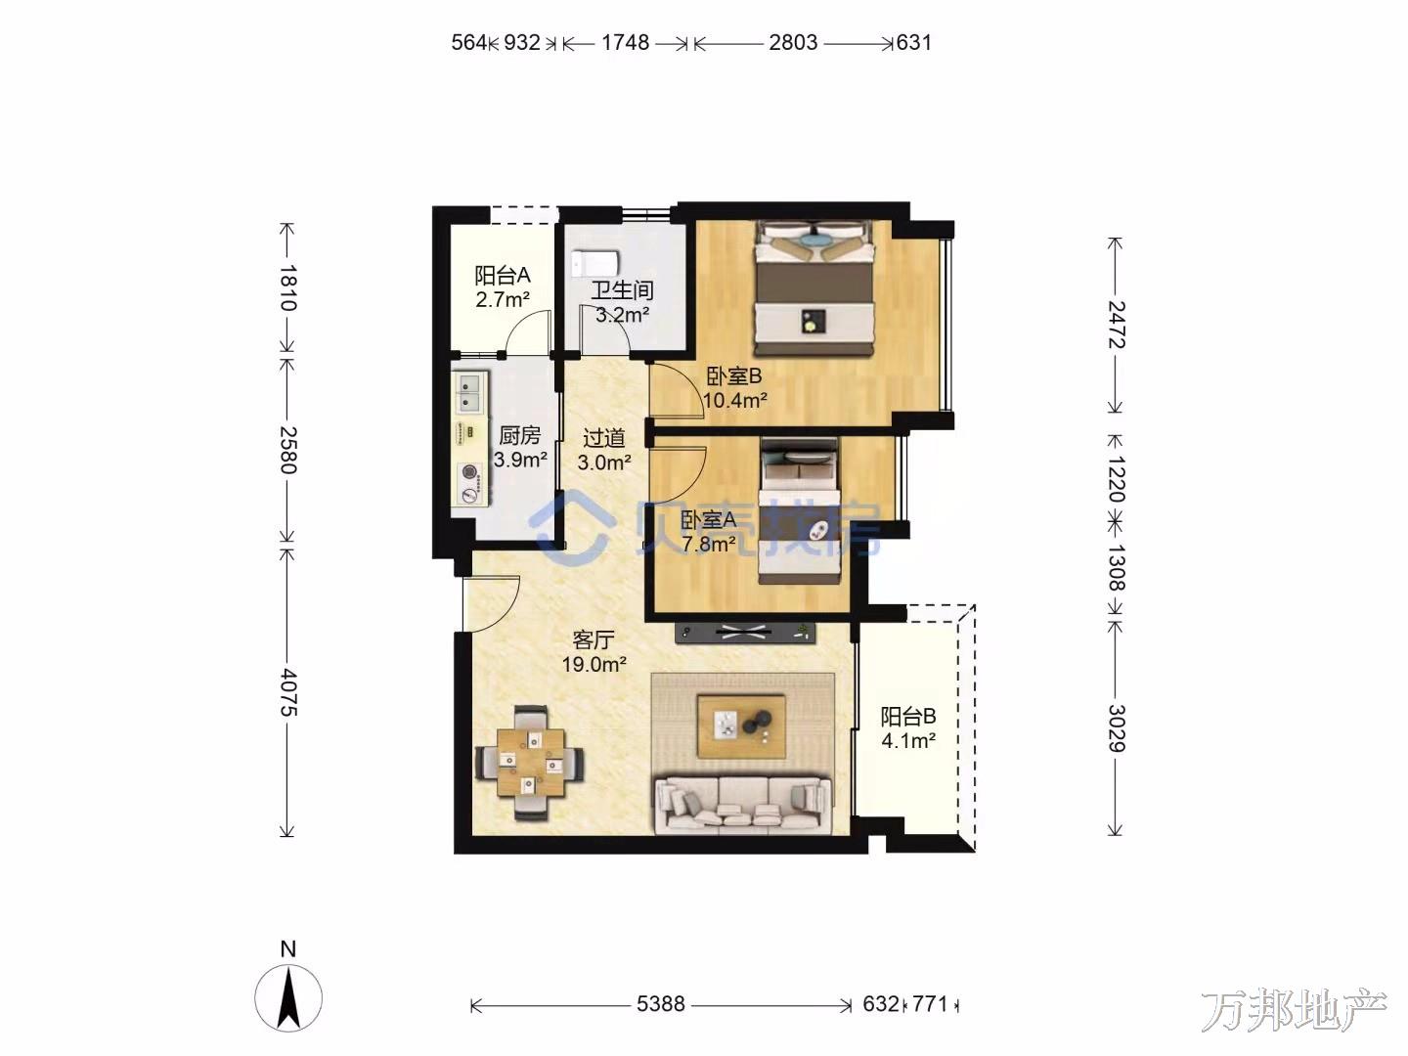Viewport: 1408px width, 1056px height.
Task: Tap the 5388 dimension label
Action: coord(661,1003)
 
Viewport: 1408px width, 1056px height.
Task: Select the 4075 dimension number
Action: coord(288,692)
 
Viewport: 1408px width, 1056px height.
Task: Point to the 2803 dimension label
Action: coord(794,42)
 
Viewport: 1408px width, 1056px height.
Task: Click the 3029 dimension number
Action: coord(1117,727)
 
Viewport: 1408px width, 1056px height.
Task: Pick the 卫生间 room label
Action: coord(622,290)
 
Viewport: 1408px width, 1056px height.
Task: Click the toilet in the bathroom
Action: coord(595,262)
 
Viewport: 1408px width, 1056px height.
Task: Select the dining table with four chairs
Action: coord(530,763)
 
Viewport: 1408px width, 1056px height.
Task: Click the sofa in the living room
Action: coord(743,805)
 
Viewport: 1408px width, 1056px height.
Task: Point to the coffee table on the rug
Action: coord(741,726)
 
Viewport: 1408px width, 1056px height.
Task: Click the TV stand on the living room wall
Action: coord(745,633)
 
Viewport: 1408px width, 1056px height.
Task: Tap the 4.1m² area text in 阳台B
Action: coord(908,741)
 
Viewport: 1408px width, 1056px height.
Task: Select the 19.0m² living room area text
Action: coord(594,664)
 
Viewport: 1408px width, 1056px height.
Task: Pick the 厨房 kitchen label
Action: coord(519,435)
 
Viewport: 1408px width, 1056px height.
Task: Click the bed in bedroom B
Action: coord(814,287)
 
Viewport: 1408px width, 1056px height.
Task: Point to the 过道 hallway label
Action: coord(603,438)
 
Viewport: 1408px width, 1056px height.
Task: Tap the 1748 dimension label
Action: coord(625,42)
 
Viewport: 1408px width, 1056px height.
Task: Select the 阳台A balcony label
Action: coord(503,275)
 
